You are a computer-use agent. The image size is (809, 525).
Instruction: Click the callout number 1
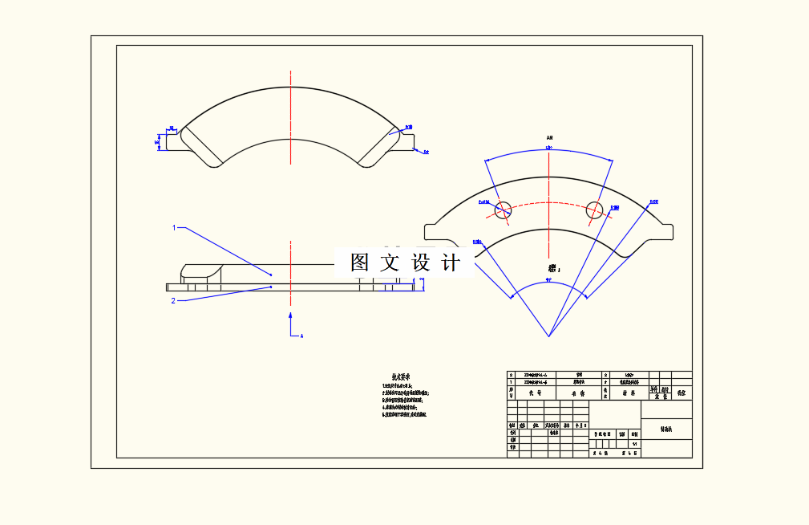tap(174, 228)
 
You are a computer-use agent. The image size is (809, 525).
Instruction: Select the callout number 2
tap(173, 301)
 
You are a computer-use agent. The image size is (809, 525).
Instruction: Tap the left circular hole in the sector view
tap(503, 210)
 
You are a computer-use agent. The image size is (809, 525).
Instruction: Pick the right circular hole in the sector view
tap(594, 210)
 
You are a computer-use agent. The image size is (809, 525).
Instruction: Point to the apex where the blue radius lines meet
tap(549, 336)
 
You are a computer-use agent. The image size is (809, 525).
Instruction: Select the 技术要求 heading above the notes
tap(401, 376)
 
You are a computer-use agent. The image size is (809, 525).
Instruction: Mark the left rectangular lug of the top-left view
tap(172, 141)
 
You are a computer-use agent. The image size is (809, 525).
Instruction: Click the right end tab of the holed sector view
tap(665, 231)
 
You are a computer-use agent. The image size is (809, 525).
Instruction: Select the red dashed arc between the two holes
tap(548, 204)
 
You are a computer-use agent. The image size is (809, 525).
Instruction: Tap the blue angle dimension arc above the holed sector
tap(548, 151)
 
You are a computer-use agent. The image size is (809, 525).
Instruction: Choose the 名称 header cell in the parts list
tap(577, 393)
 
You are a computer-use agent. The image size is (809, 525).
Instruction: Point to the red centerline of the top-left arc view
tap(291, 112)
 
